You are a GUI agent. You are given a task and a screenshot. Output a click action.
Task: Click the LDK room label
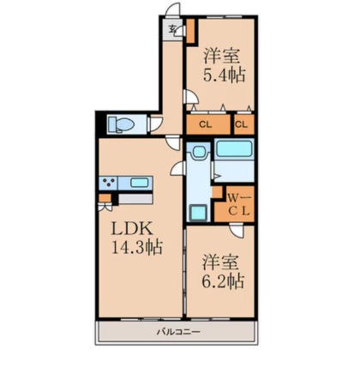[131, 229]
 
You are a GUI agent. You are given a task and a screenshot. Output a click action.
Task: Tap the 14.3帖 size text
[136, 248]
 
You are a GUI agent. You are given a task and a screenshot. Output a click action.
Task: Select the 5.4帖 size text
[225, 75]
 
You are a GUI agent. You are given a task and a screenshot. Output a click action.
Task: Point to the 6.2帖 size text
[223, 281]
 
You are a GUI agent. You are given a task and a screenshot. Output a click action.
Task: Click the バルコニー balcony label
[178, 332]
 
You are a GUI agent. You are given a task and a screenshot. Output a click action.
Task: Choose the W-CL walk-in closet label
[239, 204]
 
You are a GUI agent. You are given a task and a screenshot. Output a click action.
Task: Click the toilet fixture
[121, 124]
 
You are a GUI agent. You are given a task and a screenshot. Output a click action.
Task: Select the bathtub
[234, 148]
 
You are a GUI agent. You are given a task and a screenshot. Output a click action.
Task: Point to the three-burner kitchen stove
[108, 183]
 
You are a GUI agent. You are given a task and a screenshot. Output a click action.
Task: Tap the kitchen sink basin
[140, 183]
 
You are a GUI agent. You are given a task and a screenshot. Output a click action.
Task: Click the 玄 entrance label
[172, 29]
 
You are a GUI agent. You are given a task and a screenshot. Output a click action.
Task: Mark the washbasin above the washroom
[198, 151]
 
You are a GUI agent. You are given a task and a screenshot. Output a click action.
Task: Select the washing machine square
[198, 213]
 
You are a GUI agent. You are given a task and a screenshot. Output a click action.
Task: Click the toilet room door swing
[156, 123]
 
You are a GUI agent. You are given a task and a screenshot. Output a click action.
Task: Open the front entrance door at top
[173, 9]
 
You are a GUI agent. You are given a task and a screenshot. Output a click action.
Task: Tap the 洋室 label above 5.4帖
[222, 57]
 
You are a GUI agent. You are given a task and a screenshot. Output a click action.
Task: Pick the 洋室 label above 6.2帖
[220, 262]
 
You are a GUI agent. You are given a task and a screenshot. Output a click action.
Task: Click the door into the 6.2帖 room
[237, 231]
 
